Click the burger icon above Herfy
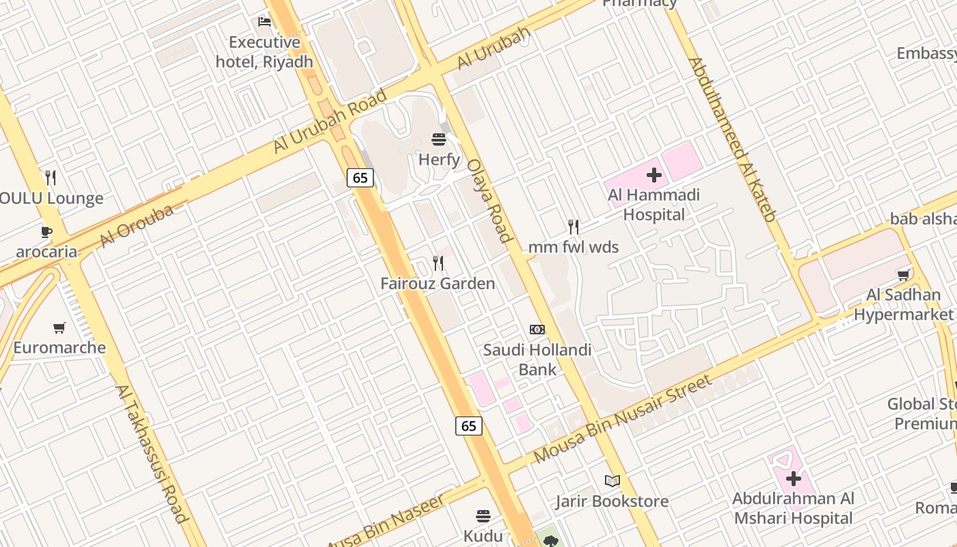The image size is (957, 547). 439,139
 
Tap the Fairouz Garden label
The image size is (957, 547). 437,283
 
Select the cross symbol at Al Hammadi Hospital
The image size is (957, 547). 654,175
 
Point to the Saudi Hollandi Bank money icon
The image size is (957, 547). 537,330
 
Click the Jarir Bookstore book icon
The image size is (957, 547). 612,481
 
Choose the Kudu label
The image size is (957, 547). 483,536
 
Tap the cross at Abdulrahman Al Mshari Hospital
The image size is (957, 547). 793,479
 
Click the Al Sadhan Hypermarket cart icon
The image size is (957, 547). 904,275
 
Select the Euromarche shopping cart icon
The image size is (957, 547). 59,328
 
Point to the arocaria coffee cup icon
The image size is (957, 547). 46,232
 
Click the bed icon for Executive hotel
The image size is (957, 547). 265,22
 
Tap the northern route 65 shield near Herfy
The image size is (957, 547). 360,178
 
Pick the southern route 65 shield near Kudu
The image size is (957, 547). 469,426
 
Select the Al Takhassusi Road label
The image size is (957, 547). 152,454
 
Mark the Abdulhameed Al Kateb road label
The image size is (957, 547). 732,139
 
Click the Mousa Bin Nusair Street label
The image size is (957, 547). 623,418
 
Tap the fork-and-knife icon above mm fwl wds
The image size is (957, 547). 574,226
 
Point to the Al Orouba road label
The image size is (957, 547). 137,226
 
